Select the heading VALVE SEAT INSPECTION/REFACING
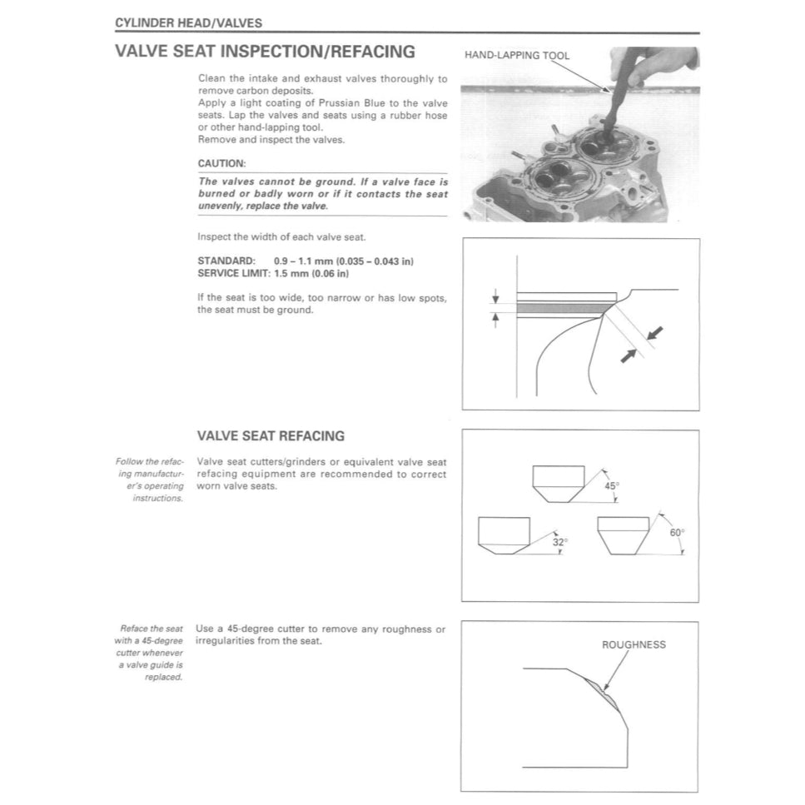tap(265, 52)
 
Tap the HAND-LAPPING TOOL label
tap(517, 56)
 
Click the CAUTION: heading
tap(221, 164)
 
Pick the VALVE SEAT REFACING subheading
tap(271, 436)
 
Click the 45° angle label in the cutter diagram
tap(612, 485)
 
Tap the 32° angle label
tap(560, 542)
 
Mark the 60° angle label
tap(677, 533)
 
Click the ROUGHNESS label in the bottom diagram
tap(634, 644)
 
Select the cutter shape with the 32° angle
tap(504, 535)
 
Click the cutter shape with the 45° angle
tap(559, 484)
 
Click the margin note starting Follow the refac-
tap(150, 480)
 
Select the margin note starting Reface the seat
tap(150, 653)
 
